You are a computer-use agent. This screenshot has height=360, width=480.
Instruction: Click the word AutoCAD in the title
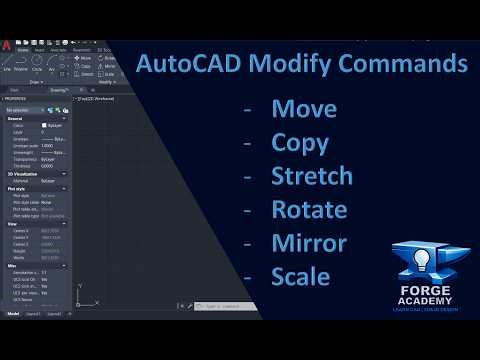[188, 65]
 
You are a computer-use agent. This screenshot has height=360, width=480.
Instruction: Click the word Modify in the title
[291, 65]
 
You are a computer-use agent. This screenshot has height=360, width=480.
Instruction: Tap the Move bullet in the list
[304, 108]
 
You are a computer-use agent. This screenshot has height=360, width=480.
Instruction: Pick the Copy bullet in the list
[300, 142]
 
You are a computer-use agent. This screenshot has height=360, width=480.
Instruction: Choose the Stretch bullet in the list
[312, 176]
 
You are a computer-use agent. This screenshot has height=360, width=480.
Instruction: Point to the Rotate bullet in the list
[309, 210]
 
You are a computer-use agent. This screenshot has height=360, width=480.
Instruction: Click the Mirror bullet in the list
[309, 243]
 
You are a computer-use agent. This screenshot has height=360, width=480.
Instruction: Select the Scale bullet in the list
[300, 276]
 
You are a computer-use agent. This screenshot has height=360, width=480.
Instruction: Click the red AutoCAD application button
[8, 47]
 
